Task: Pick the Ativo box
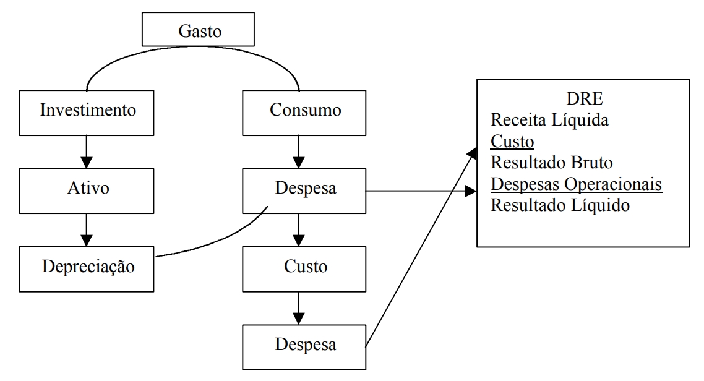[87, 189]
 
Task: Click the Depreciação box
[87, 268]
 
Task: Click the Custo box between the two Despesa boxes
[299, 268]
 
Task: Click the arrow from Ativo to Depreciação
[87, 228]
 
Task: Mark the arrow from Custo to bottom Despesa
[299, 307]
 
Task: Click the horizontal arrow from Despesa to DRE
[421, 191]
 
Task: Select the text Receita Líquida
[550, 121]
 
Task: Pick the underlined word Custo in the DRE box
[512, 142]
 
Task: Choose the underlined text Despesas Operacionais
[577, 184]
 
